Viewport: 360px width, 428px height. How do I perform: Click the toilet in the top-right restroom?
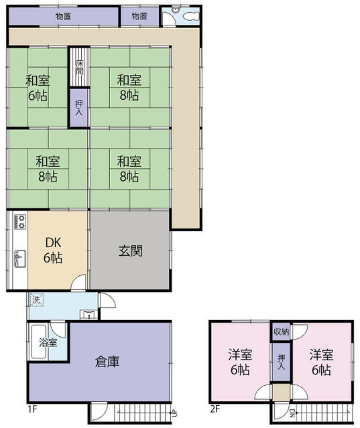point(192,16)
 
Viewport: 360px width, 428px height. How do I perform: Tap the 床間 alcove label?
point(79,68)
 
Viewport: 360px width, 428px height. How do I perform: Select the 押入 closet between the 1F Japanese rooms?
point(79,108)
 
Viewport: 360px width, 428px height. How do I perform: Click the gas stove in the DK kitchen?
point(21,222)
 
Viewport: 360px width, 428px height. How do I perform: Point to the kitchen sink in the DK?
point(21,259)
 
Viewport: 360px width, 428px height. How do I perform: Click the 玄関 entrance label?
point(130,251)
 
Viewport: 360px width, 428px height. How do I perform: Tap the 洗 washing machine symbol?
point(36,300)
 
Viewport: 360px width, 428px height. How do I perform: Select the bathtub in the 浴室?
point(38,342)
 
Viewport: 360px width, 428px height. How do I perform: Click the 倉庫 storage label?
point(107,362)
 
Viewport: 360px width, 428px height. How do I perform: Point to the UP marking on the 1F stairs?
point(174,414)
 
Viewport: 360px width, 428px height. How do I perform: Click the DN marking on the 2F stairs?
point(292,414)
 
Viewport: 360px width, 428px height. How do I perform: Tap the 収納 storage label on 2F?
point(281,332)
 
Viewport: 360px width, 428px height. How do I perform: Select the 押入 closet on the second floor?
point(281,362)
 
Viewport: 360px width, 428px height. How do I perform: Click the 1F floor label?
point(32,409)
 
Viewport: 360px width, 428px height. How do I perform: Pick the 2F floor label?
point(215,409)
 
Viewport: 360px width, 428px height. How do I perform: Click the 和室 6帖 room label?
point(38,88)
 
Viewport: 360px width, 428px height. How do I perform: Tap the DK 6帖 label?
point(53,250)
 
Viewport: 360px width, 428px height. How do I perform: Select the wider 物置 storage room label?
point(64,16)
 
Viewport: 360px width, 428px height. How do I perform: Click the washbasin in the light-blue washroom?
point(88,314)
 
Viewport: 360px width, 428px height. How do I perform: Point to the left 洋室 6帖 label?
point(240,362)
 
